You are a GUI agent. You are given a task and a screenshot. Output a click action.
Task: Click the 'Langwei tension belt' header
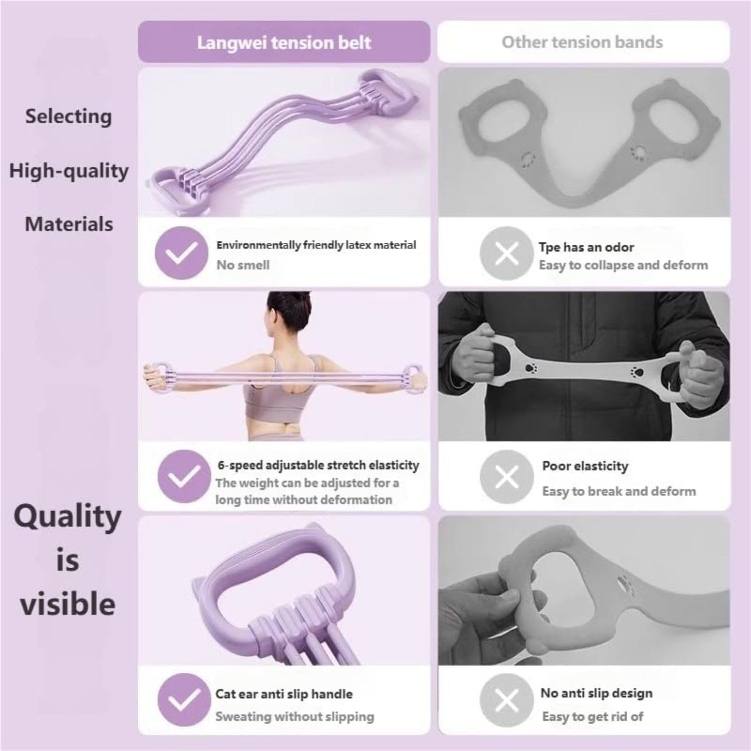coord(283,43)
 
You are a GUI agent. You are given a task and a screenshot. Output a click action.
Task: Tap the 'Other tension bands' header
coord(582,42)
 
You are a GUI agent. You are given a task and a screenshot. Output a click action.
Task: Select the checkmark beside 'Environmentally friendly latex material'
coord(181,253)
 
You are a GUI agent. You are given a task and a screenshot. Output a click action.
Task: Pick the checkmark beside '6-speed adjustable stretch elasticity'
coord(184,477)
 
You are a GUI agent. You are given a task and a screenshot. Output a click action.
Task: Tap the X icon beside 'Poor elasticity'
coord(506,477)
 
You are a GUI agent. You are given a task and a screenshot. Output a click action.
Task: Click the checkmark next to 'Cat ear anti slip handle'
coord(184,700)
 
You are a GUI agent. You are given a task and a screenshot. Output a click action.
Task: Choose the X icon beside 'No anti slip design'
coord(506,700)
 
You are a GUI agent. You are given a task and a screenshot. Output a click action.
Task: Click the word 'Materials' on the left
coord(69,224)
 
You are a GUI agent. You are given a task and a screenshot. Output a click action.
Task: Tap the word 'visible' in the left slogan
coord(68,604)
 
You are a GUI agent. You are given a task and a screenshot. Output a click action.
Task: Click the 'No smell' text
coord(243,265)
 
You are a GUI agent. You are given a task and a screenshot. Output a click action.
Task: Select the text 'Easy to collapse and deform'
coord(623,265)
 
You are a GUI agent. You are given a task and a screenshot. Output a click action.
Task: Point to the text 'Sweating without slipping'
coord(295,716)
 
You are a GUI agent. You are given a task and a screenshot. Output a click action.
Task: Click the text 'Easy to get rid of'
coord(593,717)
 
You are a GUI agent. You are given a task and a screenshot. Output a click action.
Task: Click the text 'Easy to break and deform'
coord(619,491)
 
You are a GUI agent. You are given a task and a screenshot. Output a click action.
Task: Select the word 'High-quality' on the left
coord(69,171)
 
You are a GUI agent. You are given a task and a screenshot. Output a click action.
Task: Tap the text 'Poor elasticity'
coord(585,466)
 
